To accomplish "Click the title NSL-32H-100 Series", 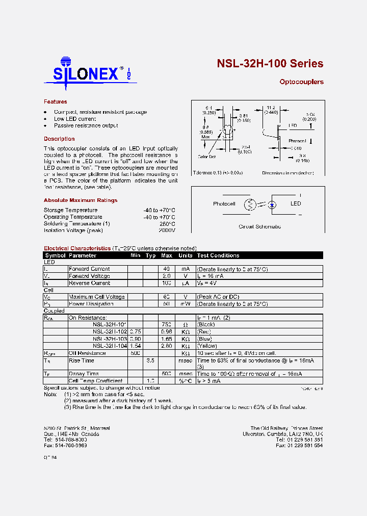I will click(270, 64).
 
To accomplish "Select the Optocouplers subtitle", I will click(301, 82).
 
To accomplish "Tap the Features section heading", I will click(55, 102).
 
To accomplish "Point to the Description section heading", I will click(59, 139).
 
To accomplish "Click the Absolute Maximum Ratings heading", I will click(80, 200).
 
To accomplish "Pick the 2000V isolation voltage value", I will click(166, 230).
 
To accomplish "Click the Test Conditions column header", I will click(218, 255).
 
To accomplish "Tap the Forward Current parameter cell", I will click(89, 269).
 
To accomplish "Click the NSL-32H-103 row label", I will click(110, 339).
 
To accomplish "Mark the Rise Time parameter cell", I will click(82, 360).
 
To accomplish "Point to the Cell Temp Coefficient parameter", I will click(95, 381).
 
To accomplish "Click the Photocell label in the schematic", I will click(224, 204).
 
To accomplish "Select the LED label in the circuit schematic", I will click(296, 203).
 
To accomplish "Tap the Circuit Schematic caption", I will click(259, 226).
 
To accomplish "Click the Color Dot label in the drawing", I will click(206, 157).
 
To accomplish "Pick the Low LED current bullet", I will click(75, 119).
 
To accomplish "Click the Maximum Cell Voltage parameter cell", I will click(97, 297).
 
